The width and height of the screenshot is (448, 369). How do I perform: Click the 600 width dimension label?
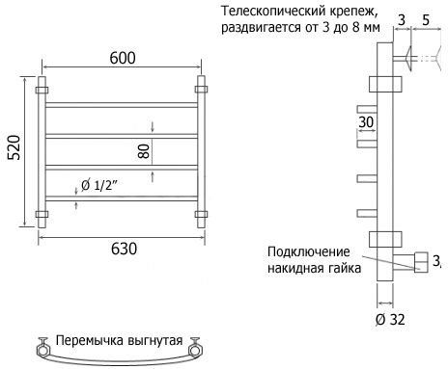[123, 58]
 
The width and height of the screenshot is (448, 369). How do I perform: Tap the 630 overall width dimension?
[124, 249]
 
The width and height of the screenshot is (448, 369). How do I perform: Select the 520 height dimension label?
[14, 147]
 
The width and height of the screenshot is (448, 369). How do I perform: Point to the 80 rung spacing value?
[144, 151]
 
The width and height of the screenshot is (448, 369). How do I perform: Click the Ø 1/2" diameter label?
[99, 185]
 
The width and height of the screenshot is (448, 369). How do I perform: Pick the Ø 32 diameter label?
[390, 320]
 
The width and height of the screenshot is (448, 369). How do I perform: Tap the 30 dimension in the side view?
[366, 122]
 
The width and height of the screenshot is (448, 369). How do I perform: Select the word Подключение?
[309, 251]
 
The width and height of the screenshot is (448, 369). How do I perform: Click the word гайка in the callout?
[344, 268]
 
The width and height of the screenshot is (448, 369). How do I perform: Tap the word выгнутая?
[155, 341]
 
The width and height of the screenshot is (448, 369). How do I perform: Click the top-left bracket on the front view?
[42, 90]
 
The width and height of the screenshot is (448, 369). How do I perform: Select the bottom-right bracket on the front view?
[201, 214]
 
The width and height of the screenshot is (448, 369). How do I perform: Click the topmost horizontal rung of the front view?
[122, 105]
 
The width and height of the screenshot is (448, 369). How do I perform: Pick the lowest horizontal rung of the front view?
[122, 198]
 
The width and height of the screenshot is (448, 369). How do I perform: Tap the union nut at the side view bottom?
[421, 262]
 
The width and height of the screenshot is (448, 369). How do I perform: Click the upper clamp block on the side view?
[385, 84]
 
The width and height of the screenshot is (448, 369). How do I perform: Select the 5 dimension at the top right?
[426, 20]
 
